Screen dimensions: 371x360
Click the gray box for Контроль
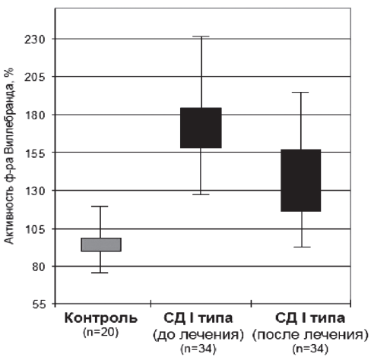101,245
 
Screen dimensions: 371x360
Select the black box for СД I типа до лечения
201,128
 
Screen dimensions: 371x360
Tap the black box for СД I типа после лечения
301,180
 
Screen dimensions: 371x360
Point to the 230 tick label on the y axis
35,39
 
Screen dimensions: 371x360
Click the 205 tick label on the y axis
35,77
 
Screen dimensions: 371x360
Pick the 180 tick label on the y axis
35,115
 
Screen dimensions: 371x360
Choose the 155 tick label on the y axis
35,153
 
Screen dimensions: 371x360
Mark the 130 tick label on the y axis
35,191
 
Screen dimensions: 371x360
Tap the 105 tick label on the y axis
35,229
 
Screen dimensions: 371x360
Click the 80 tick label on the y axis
39,267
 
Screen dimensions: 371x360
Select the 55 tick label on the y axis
39,305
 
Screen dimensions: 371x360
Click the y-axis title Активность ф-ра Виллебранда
9,156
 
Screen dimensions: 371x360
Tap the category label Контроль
101,318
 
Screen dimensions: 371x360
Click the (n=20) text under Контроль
101,333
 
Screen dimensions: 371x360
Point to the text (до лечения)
198,335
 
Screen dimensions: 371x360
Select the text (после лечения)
310,335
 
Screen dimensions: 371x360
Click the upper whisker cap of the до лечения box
201,36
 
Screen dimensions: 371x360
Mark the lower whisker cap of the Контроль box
100,273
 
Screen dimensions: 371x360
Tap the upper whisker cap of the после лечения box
300,93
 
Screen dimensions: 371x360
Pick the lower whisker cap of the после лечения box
302,247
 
